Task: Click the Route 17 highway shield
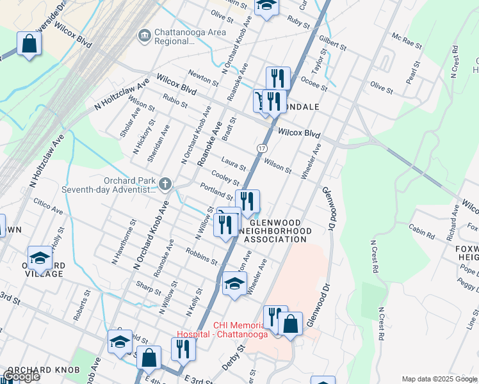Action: tap(262, 148)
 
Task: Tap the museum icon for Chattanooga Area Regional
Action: tap(144, 33)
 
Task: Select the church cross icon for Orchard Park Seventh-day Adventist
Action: tap(165, 185)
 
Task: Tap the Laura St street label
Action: tap(233, 164)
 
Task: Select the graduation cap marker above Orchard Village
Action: tap(40, 258)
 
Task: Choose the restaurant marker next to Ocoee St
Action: tap(278, 78)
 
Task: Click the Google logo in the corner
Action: tap(20, 376)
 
